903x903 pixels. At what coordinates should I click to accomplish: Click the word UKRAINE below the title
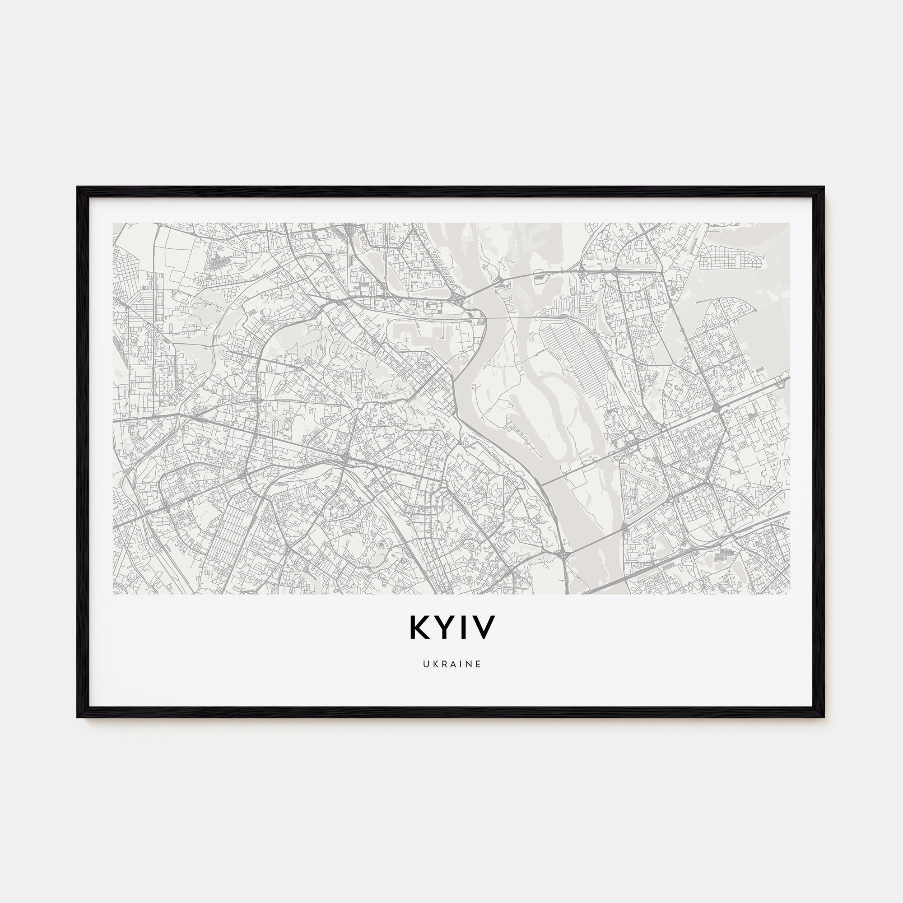tap(452, 664)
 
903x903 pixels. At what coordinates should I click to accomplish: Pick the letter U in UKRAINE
tap(426, 664)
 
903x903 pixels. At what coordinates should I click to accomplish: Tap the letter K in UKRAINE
tap(435, 664)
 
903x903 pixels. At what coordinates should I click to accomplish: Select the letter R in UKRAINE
tap(443, 664)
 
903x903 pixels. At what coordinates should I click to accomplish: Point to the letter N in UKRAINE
tap(468, 664)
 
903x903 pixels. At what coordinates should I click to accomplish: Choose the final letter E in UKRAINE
tap(478, 664)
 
